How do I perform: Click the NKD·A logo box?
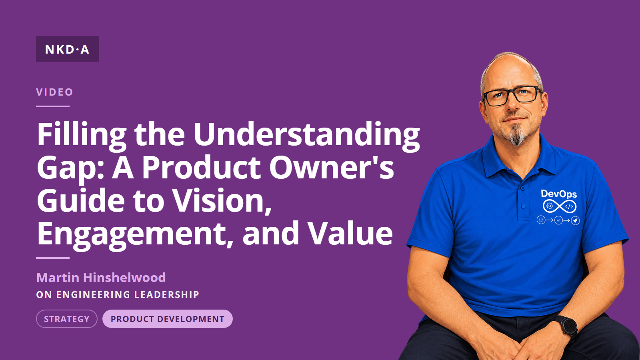click(x=68, y=49)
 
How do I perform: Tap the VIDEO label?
click(x=54, y=92)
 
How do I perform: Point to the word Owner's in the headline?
click(x=332, y=168)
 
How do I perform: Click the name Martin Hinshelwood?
click(x=101, y=278)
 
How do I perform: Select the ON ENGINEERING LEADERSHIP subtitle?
click(x=118, y=294)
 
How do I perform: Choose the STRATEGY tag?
click(x=66, y=319)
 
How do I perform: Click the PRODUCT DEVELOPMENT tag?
click(x=168, y=319)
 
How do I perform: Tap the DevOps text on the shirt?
click(x=559, y=194)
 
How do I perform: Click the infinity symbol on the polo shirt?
click(x=560, y=206)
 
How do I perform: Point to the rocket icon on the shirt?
click(x=575, y=220)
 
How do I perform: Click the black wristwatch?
click(x=567, y=326)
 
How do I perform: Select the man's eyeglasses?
click(x=512, y=96)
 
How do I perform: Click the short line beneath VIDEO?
click(x=53, y=106)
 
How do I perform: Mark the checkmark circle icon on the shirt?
click(x=558, y=220)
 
